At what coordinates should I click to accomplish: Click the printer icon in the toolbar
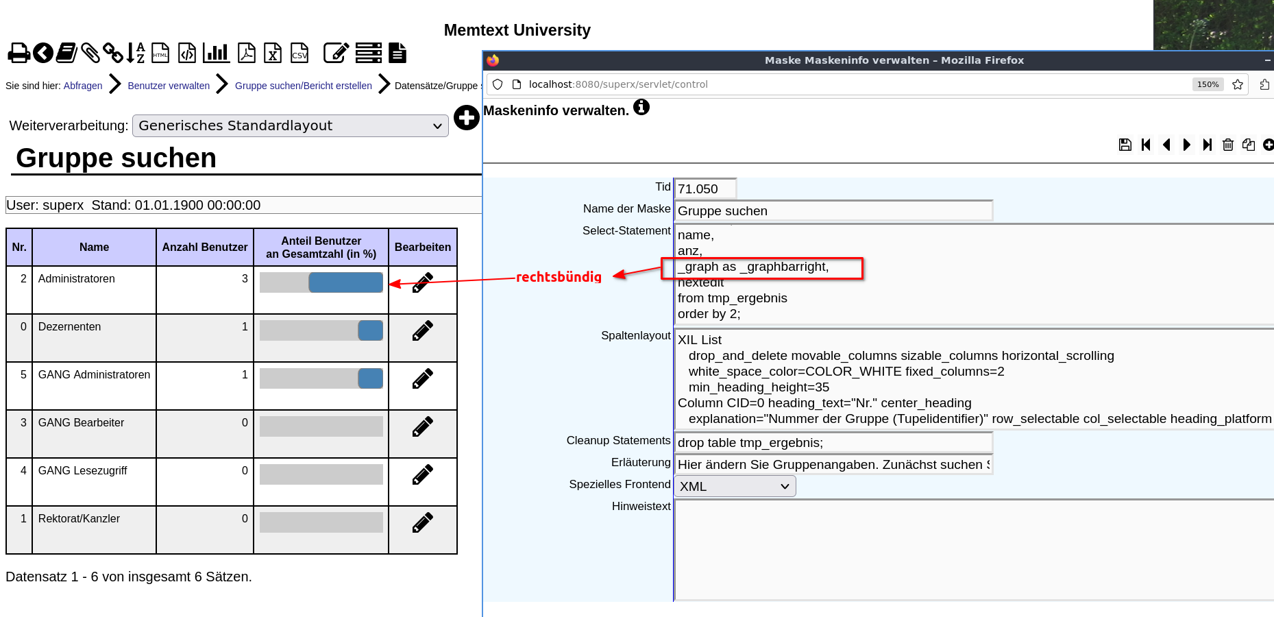(19, 53)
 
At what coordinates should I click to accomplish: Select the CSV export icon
(299, 53)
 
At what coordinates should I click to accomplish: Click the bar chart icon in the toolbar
(216, 53)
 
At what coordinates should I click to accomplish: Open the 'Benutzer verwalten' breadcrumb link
(169, 86)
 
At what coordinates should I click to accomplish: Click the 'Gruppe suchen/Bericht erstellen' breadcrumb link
(304, 86)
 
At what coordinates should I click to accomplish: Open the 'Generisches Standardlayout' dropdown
(291, 125)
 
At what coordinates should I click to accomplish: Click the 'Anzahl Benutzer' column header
(205, 247)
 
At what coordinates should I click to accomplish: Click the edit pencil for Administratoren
(423, 282)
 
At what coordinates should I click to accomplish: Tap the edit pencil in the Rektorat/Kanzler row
(423, 522)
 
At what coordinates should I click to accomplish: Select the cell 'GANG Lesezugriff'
(83, 470)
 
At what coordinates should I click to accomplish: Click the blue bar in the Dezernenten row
(371, 330)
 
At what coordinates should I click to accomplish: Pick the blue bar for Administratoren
(346, 282)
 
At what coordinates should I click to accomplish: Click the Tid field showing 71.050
(706, 189)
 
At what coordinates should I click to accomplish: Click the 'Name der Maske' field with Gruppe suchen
(833, 210)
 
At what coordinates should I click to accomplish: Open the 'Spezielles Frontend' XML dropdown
(735, 486)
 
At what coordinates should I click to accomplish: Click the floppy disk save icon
(1125, 145)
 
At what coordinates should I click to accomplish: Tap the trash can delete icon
(1228, 145)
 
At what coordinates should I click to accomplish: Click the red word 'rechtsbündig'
(559, 277)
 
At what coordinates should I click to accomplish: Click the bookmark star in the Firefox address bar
(1238, 84)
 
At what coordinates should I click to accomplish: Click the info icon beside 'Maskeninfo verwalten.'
(641, 107)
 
